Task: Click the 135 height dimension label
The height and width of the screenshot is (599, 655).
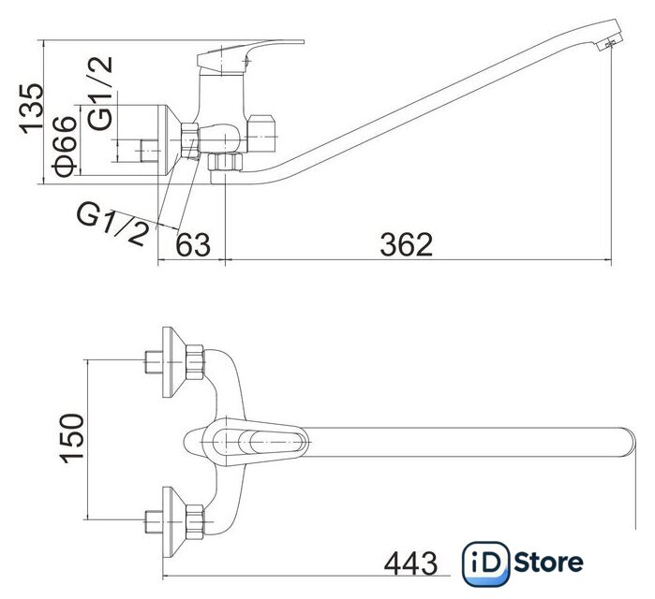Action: coord(31,109)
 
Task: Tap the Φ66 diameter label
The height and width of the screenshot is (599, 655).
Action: coord(65,147)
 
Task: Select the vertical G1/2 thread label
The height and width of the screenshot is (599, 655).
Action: coord(100,93)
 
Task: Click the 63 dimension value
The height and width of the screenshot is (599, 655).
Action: coord(193,244)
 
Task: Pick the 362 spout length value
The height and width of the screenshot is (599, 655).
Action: coord(406,244)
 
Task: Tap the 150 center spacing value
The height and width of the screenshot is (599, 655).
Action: coord(72,438)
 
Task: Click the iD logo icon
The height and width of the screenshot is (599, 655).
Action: coord(485,563)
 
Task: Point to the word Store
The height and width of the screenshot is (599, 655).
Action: coord(548,562)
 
